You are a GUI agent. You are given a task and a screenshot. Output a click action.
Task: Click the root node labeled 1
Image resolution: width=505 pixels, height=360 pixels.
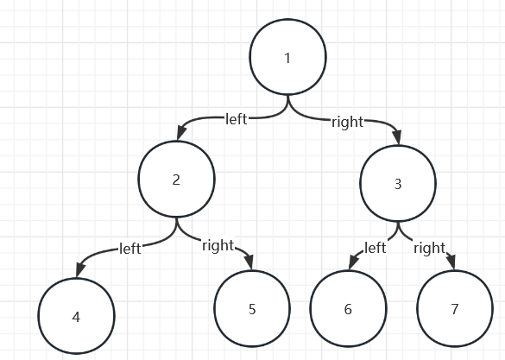coord(288,57)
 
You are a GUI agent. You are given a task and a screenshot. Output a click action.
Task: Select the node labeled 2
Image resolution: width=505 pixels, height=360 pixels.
coord(176,179)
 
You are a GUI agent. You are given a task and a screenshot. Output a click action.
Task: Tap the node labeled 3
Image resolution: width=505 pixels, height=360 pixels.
coord(398,184)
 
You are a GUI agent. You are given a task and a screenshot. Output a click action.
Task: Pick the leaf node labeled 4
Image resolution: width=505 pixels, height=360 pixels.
coord(76,316)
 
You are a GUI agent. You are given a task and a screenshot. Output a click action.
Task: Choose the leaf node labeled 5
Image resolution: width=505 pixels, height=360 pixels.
coord(252,308)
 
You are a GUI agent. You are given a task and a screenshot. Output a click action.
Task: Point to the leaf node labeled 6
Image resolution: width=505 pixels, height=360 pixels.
coord(348,308)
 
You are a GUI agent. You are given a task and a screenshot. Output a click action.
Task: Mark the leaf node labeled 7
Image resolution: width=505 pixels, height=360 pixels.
coord(455,308)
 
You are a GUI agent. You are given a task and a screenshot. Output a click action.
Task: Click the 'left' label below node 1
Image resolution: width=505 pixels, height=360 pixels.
coord(237,119)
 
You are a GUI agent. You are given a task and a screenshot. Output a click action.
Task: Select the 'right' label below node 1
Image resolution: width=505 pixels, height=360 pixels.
coord(348,123)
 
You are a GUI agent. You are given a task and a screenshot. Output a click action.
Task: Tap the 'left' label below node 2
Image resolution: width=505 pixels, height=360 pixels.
coord(130,249)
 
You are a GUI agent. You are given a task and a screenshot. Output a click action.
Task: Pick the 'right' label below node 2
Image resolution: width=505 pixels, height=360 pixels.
coord(218,246)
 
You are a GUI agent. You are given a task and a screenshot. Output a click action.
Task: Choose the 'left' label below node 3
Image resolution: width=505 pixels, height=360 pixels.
coord(376,248)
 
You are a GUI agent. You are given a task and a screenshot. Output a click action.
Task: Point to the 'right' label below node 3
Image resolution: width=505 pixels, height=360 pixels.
coord(430,249)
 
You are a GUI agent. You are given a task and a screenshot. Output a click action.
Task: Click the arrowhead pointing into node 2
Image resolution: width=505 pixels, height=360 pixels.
coord(181,133)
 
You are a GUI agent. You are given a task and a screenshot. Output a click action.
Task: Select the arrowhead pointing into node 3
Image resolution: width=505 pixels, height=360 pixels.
coord(397,137)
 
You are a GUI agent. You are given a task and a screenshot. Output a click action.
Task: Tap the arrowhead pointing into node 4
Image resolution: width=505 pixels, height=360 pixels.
coord(80,269)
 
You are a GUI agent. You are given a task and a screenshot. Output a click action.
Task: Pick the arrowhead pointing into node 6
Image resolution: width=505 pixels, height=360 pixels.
coord(353,263)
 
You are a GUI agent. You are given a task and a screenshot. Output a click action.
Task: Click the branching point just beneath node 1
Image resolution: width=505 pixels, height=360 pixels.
coord(288,103)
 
